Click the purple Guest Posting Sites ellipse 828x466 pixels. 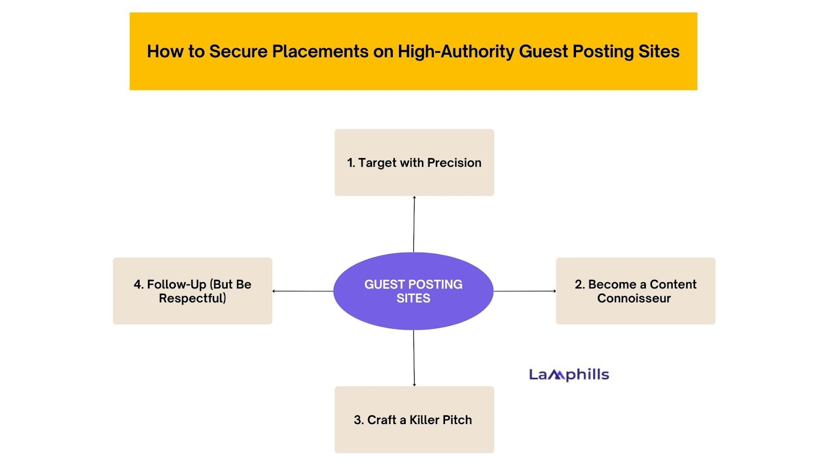[413, 291]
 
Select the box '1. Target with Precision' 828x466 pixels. [414, 163]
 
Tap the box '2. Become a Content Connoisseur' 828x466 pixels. [635, 291]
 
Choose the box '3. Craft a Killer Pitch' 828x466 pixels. [414, 420]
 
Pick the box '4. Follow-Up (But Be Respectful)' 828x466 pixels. [192, 291]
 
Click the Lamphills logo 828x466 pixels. [569, 375]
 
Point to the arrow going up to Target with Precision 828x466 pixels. [414, 224]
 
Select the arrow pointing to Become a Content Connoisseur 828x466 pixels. [525, 291]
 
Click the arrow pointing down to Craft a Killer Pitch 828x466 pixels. [414, 358]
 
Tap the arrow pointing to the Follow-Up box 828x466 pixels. [303, 291]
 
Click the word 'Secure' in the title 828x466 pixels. [238, 51]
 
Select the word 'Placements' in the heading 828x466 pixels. [320, 51]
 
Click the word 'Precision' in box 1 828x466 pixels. [454, 163]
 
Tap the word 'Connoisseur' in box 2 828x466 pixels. [633, 298]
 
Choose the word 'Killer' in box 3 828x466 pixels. [424, 420]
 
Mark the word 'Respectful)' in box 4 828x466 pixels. [192, 298]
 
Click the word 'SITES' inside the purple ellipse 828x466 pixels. [413, 298]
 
